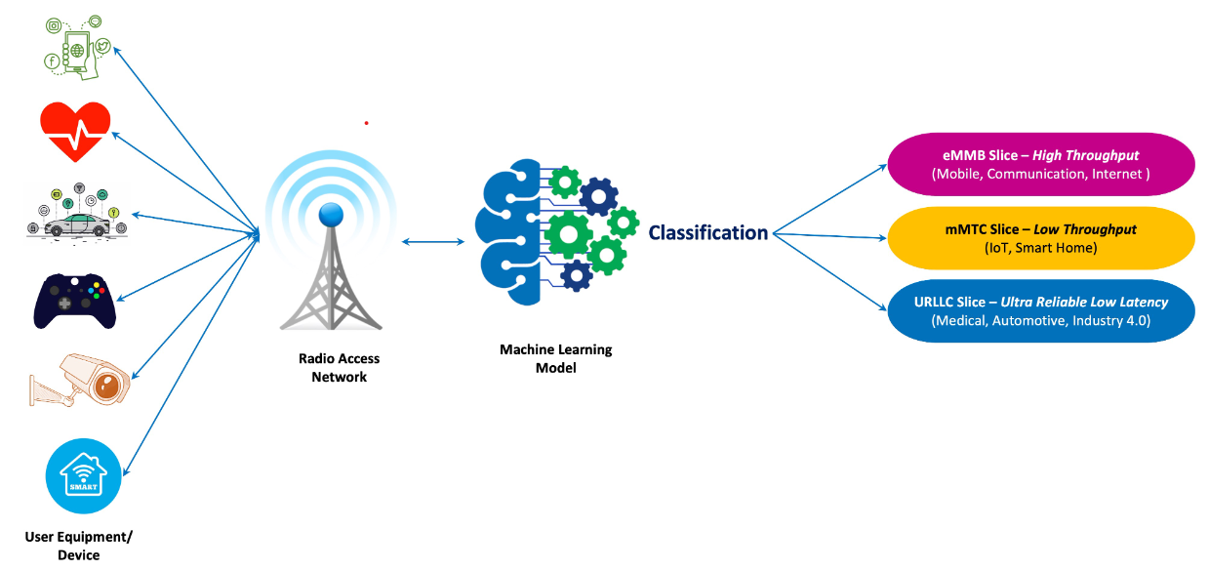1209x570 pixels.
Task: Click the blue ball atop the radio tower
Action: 331,215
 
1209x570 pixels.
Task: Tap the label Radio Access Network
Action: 339,367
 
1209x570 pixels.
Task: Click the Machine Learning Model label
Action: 555,358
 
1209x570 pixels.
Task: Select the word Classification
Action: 708,232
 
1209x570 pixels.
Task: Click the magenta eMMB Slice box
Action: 1040,164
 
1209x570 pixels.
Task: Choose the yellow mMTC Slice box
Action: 1040,238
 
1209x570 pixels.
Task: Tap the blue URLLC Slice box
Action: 1040,311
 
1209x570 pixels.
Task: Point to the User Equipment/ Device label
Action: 78,546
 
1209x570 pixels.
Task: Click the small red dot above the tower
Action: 366,123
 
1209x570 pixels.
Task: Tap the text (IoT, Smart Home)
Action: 1040,248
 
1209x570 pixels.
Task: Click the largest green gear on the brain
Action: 568,235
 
